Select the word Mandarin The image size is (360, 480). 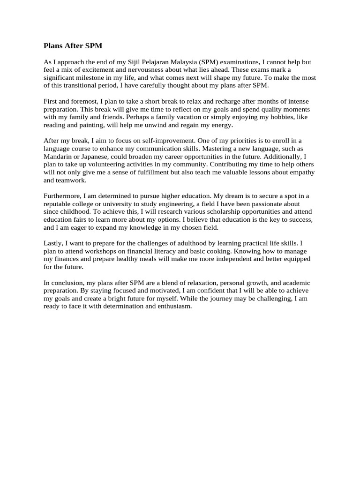(58, 157)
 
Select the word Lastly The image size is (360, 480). (53, 243)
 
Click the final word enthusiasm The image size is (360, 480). (172, 307)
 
